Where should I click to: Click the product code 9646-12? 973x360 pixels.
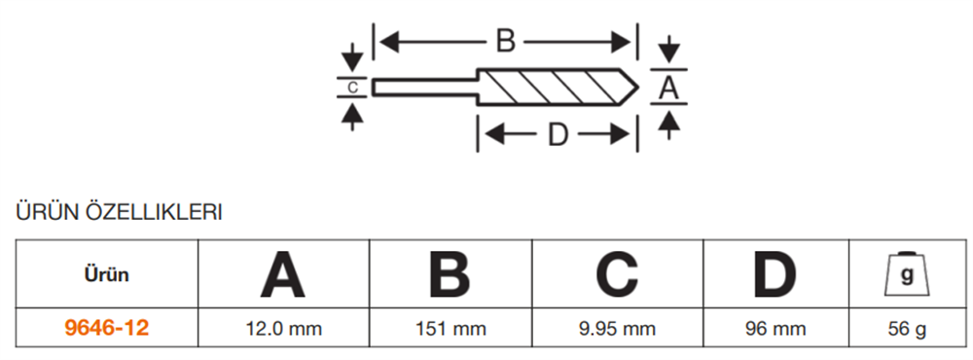click(x=106, y=329)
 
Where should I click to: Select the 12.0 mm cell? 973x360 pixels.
click(x=282, y=329)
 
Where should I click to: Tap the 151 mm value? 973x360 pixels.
click(x=449, y=329)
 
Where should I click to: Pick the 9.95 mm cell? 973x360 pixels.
click(x=616, y=329)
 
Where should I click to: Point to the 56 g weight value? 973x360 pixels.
click(x=907, y=329)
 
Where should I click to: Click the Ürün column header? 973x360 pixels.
click(x=106, y=274)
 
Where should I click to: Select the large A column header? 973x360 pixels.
click(x=282, y=274)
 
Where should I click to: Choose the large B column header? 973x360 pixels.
click(x=449, y=274)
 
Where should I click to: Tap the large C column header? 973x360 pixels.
click(x=616, y=274)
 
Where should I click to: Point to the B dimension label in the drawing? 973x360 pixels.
click(x=506, y=41)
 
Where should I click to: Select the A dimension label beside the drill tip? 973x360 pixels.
click(x=668, y=88)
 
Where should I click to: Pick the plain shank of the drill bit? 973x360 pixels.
click(x=424, y=87)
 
